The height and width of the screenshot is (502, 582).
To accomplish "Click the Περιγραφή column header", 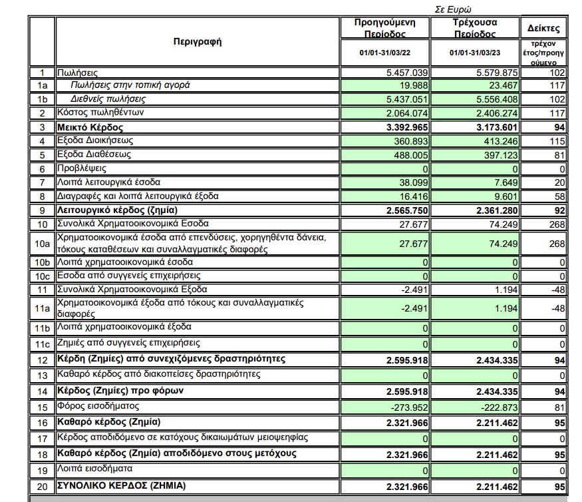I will click(x=197, y=41).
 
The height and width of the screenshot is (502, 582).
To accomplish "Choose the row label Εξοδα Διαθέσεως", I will click(x=94, y=154).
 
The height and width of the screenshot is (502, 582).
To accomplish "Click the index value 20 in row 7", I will click(x=560, y=182).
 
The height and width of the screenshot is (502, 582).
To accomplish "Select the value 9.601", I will click(x=503, y=196).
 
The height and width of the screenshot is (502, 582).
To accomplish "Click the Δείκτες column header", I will click(x=543, y=29).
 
